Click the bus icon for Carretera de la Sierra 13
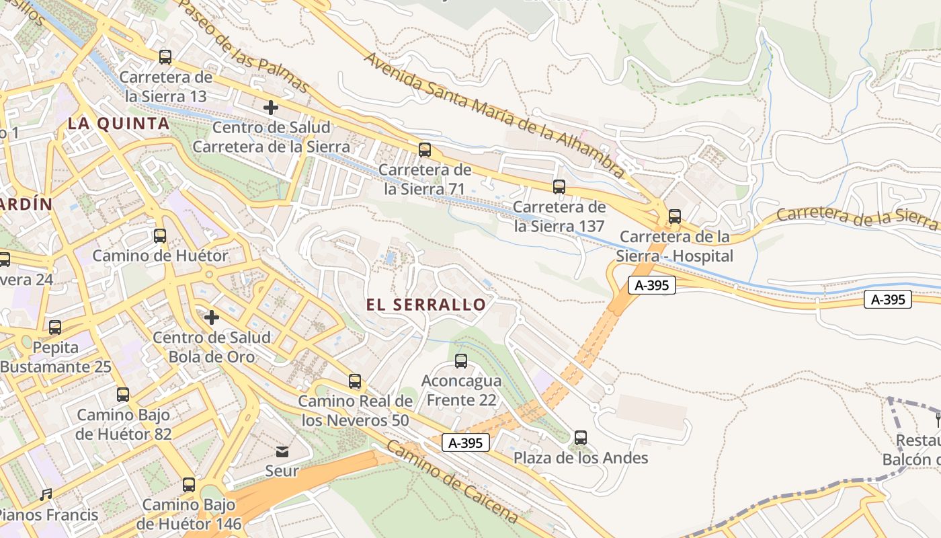coord(165,57)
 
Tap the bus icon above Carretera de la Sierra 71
coord(425,150)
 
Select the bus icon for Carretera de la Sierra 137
coord(559,187)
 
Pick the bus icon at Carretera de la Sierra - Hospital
coord(675,217)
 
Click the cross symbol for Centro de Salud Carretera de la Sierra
coord(271,108)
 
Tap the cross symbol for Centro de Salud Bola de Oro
coord(212,317)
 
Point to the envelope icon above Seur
coord(282,451)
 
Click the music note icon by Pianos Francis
coord(46,496)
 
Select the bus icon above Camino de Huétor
coord(160,236)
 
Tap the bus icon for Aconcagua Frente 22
coord(461,361)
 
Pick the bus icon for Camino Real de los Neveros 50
coord(355,382)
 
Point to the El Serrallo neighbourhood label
coord(426,305)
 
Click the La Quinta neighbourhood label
coord(118,124)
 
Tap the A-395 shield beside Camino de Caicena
coord(466,443)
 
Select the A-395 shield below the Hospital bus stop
coord(651,285)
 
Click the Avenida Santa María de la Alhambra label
coord(495,115)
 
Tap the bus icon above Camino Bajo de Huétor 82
coord(123,395)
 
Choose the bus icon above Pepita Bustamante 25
coord(55,328)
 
